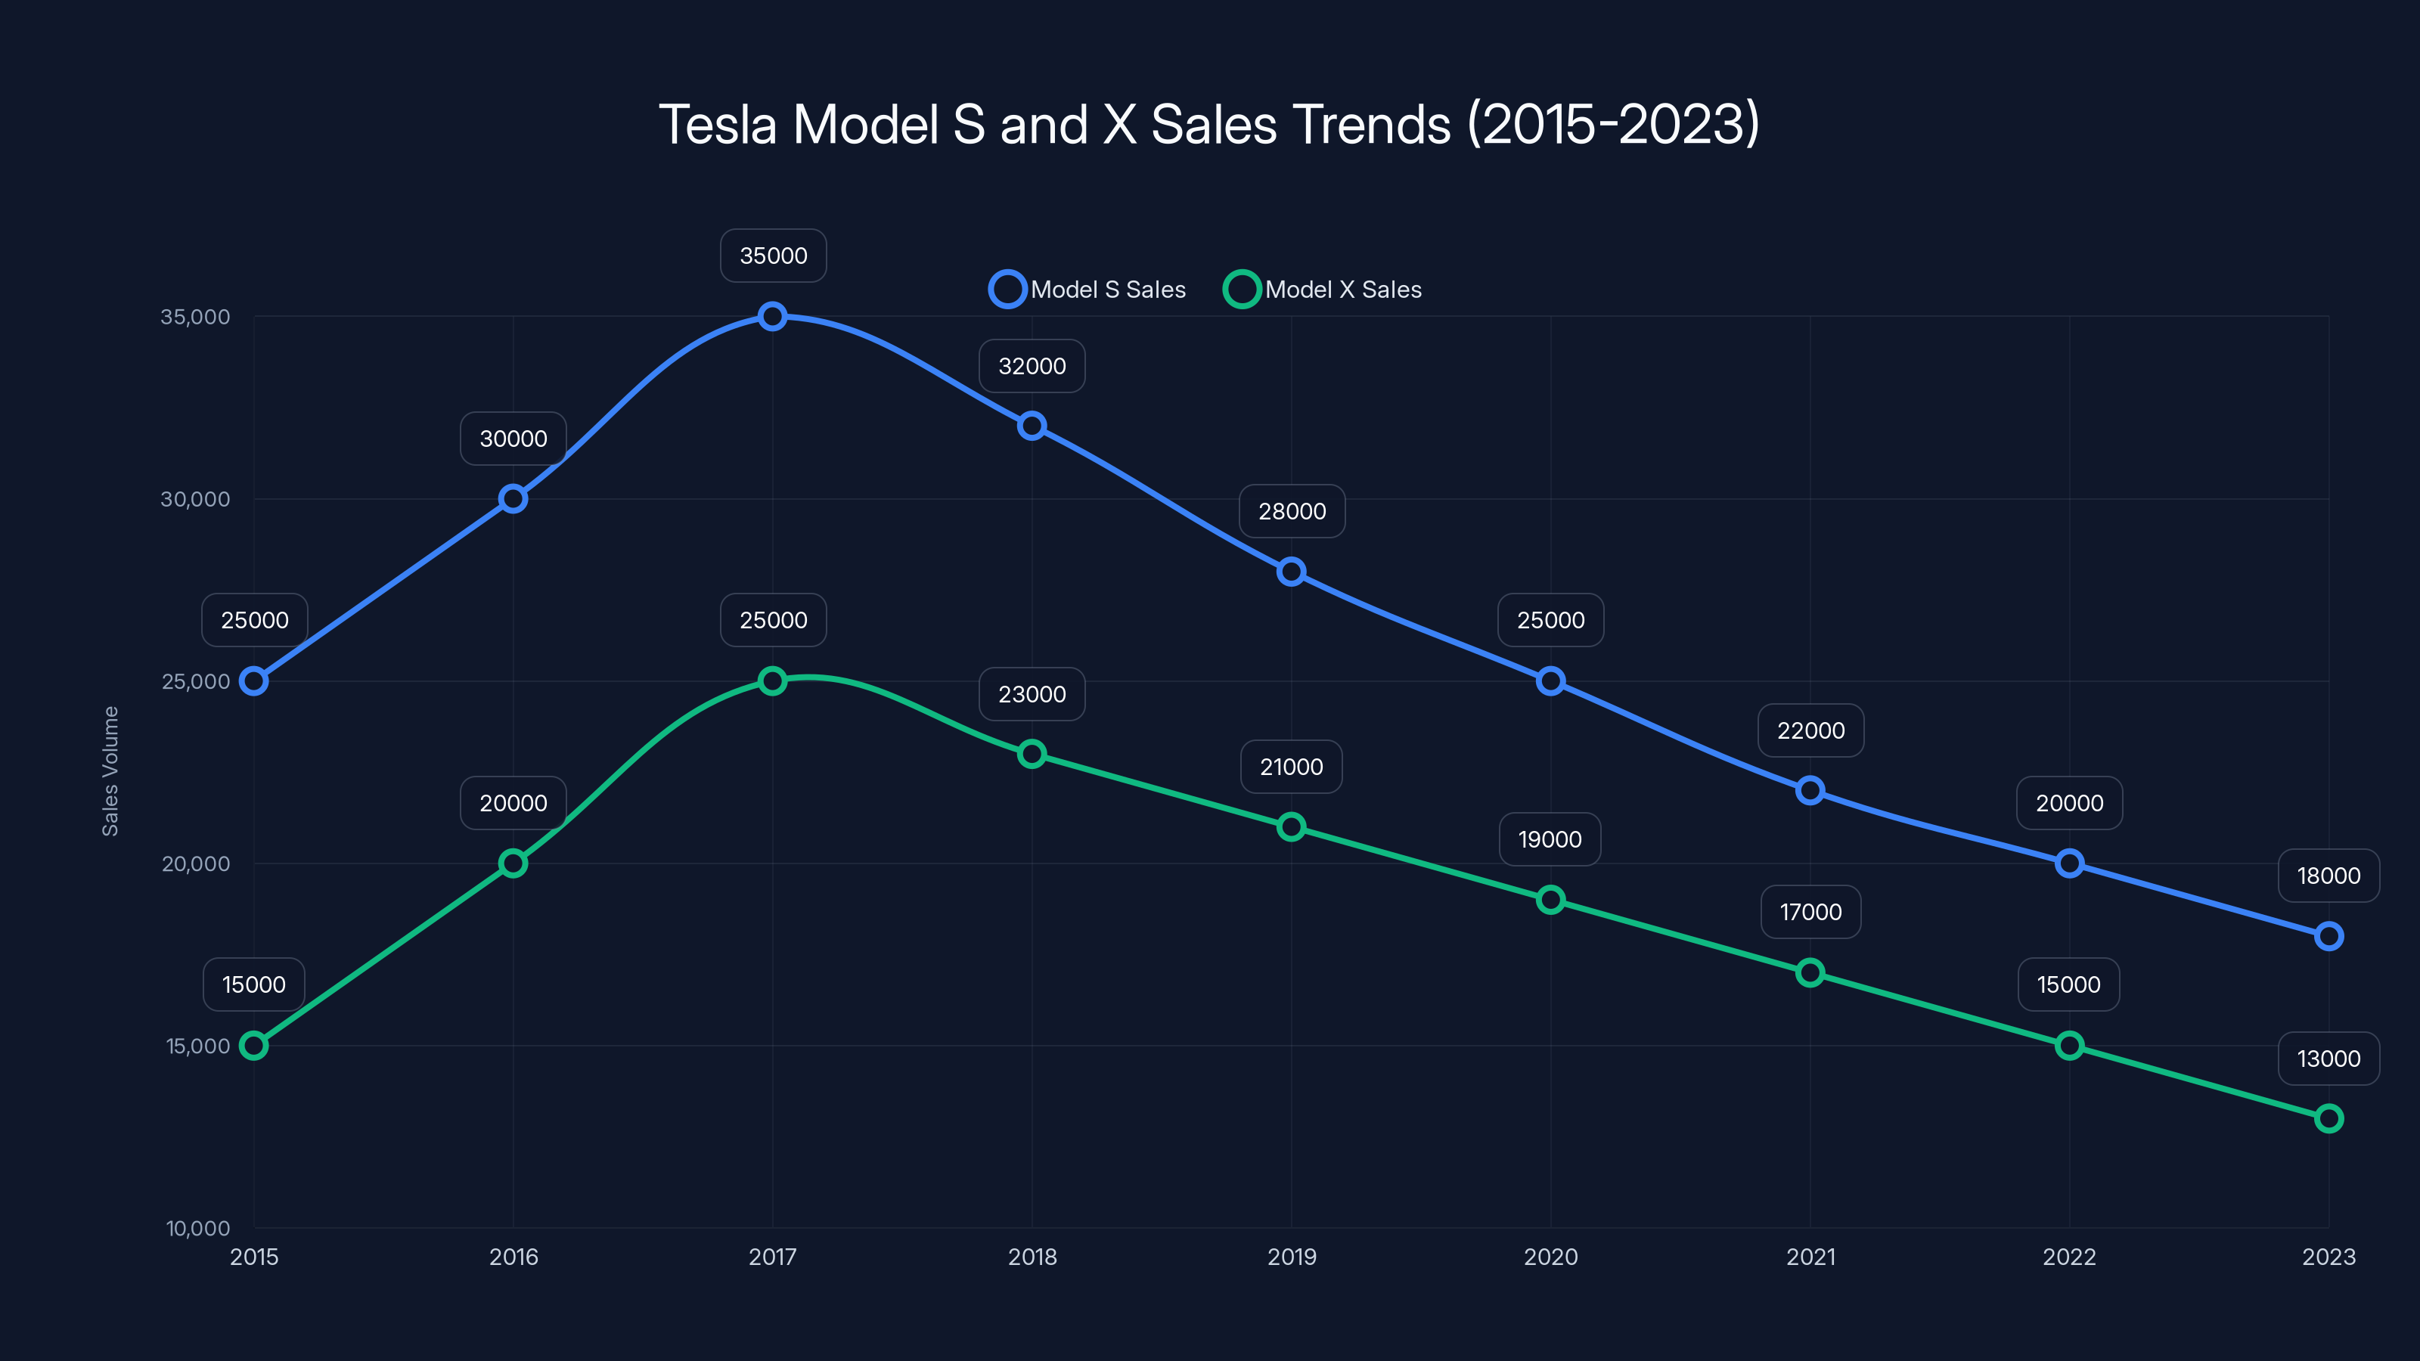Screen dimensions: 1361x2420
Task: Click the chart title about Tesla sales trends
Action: pyautogui.click(x=1209, y=125)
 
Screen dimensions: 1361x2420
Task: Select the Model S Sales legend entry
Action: pyautogui.click(x=1088, y=290)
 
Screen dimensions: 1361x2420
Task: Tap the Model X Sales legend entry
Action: pyautogui.click(x=1323, y=290)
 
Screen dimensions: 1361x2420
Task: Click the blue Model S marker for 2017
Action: pyautogui.click(x=772, y=317)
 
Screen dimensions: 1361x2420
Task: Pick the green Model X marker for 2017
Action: pyautogui.click(x=772, y=681)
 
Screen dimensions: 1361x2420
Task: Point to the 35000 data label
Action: pyautogui.click(x=773, y=256)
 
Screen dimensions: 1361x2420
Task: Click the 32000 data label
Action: pyautogui.click(x=1032, y=366)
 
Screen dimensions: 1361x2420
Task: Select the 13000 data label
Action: pyautogui.click(x=2328, y=1059)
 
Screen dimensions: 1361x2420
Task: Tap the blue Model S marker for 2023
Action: pyautogui.click(x=2328, y=937)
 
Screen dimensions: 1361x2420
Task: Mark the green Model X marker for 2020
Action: pyautogui.click(x=1550, y=900)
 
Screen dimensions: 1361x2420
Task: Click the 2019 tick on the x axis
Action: pyautogui.click(x=1291, y=1257)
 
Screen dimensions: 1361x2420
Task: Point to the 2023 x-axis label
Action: pyautogui.click(x=2328, y=1257)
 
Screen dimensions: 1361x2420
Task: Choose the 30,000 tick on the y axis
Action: pyautogui.click(x=195, y=500)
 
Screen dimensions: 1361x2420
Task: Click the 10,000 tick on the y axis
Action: pyautogui.click(x=198, y=1229)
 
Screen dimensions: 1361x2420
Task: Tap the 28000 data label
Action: pyautogui.click(x=1292, y=512)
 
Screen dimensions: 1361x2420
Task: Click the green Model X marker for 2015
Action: pyautogui.click(x=253, y=1046)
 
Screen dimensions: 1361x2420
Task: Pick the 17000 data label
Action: pyautogui.click(x=1810, y=912)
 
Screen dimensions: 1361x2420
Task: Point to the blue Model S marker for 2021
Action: pyautogui.click(x=1810, y=791)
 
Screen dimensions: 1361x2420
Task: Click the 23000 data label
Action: pyautogui.click(x=1032, y=694)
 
